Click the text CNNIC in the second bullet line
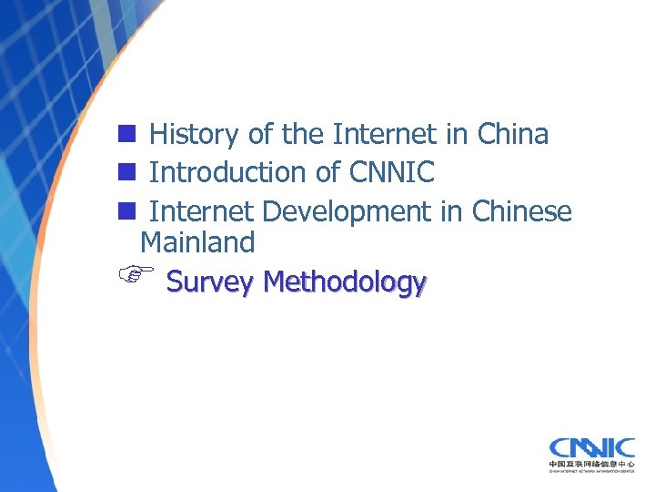[x=392, y=171]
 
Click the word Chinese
[x=522, y=211]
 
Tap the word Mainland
[x=197, y=242]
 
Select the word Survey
[x=209, y=282]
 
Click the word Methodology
[x=344, y=282]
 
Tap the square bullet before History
[x=126, y=135]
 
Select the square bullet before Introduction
[x=126, y=171]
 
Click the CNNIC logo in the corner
[x=591, y=447]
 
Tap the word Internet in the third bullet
[x=202, y=211]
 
